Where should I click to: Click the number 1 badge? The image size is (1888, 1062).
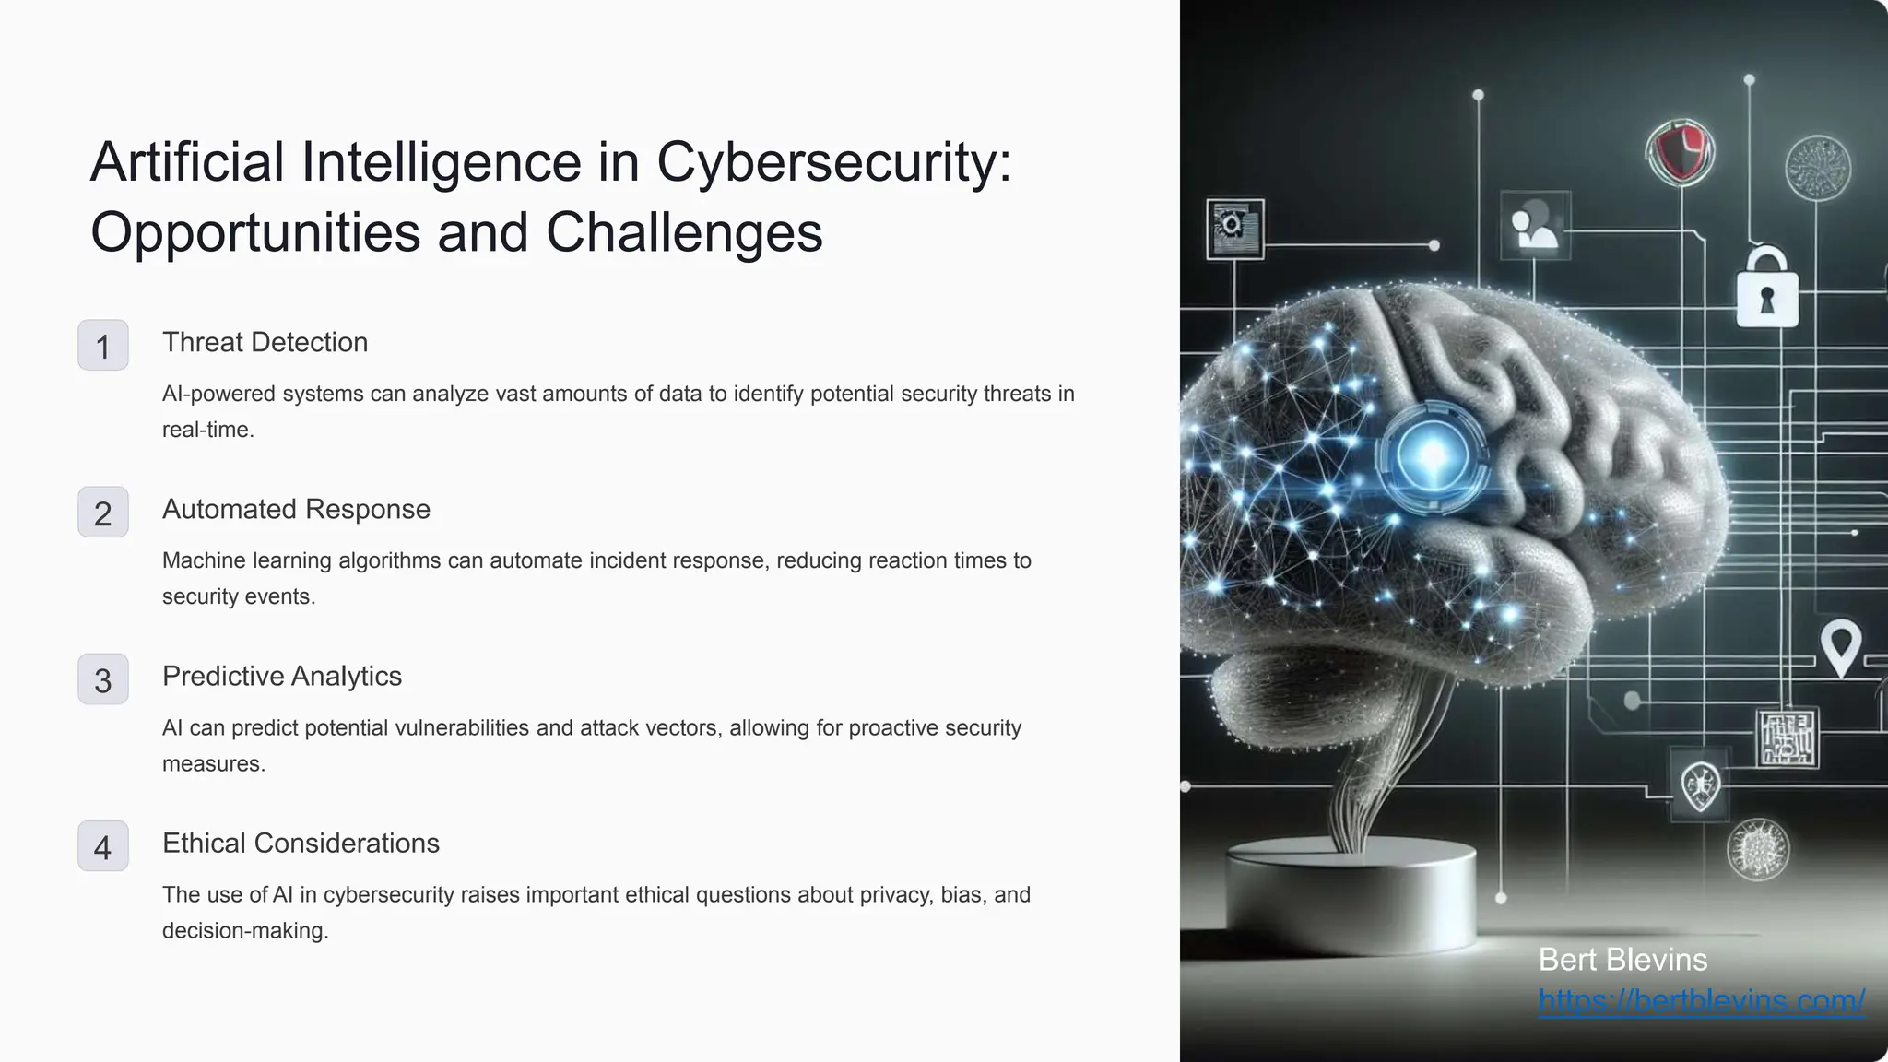point(102,346)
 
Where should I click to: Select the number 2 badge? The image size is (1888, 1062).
point(102,513)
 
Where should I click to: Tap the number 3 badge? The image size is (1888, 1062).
point(102,680)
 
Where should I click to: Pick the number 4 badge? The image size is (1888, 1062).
point(102,847)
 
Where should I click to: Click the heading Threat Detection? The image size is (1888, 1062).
point(265,342)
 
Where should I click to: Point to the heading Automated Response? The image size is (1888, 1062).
point(296,509)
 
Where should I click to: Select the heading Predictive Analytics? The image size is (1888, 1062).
point(281,676)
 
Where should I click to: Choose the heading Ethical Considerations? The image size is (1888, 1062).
point(301,843)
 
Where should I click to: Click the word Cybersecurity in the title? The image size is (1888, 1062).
point(833,162)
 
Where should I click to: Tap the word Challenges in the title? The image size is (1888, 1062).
point(684,231)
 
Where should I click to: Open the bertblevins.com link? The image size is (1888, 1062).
point(1702,1000)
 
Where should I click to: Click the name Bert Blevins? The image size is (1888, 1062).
point(1622,960)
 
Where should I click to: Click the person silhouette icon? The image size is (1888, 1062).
point(1534,226)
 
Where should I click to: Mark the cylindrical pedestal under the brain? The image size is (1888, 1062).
point(1350,890)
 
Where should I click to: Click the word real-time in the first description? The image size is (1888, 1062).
point(206,430)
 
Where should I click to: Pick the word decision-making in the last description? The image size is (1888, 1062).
point(244,930)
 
